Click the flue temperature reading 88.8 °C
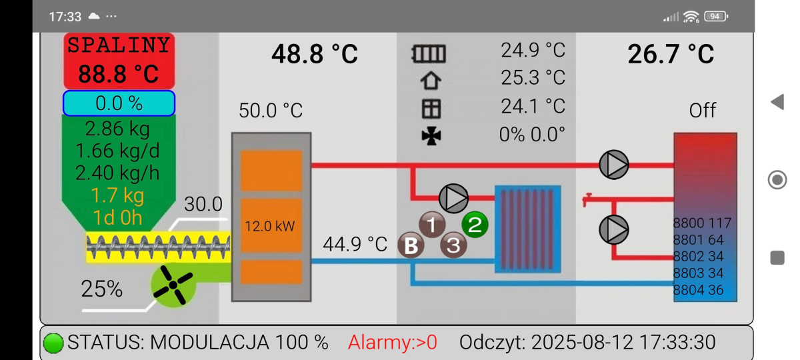[x=119, y=74]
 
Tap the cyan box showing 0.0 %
[x=119, y=103]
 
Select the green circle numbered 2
[x=475, y=224]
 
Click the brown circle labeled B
[x=411, y=245]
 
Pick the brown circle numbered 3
[x=453, y=245]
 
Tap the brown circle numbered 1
[x=432, y=224]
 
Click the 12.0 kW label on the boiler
[x=270, y=226]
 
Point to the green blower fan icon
[x=173, y=285]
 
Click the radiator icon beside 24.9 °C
[x=429, y=54]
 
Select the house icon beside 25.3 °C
[x=431, y=81]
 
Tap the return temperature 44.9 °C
[x=355, y=244]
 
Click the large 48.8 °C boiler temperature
[x=315, y=54]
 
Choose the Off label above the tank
[x=703, y=110]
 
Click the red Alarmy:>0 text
[x=393, y=342]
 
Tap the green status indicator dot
[x=53, y=343]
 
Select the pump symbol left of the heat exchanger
[x=453, y=199]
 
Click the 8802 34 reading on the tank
[x=698, y=257]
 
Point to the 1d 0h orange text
[x=117, y=217]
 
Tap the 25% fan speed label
[x=102, y=289]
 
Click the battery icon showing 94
[x=716, y=17]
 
